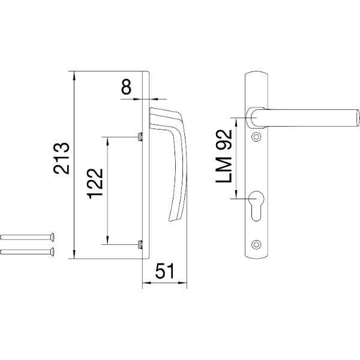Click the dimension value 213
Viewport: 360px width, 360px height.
click(x=61, y=158)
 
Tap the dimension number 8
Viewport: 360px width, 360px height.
click(x=126, y=86)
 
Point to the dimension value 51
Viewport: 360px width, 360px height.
click(x=165, y=271)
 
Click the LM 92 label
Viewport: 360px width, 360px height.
click(x=224, y=156)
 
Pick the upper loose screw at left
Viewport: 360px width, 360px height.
click(x=28, y=237)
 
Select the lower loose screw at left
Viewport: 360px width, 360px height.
click(x=28, y=251)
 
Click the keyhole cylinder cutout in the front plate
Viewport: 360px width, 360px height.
click(x=256, y=206)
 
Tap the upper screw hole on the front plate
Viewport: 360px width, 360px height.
click(x=256, y=137)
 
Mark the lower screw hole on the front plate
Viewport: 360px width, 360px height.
click(x=256, y=244)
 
